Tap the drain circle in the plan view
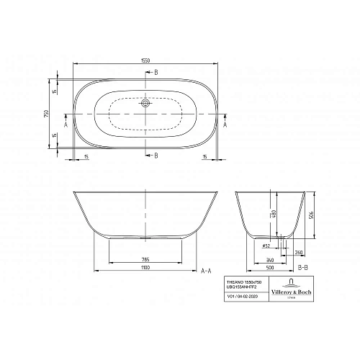(147, 103)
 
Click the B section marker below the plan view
(158, 155)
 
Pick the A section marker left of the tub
(66, 125)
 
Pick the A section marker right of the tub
(225, 125)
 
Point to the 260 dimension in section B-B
(298, 253)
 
